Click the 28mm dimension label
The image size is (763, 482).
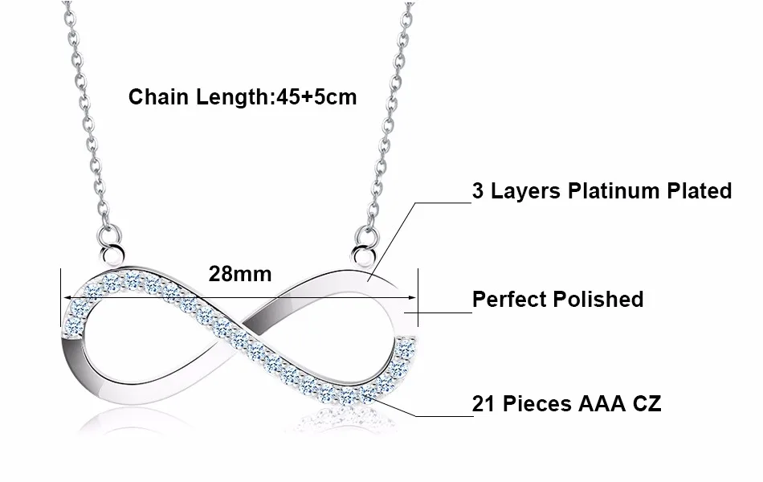point(240,274)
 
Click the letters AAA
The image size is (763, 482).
point(598,404)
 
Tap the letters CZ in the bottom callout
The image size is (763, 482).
point(646,404)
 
